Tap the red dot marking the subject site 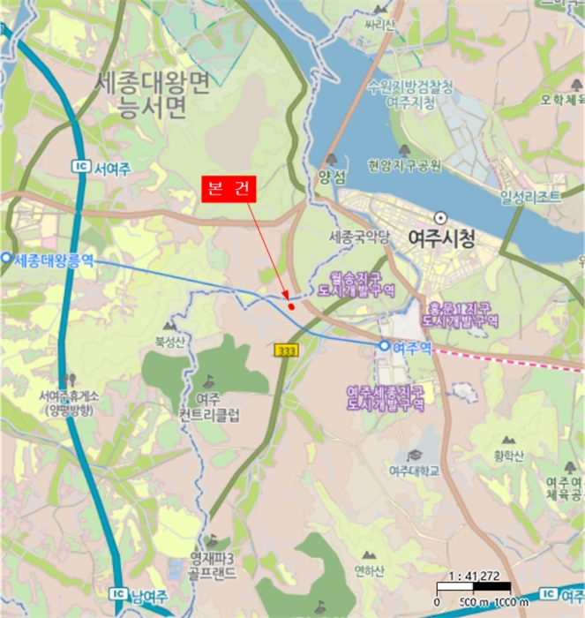[x=291, y=305]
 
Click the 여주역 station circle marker [x=384, y=346]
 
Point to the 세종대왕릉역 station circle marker [x=6, y=258]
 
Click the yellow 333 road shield [x=287, y=350]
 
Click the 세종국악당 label [x=359, y=237]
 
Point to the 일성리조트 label [x=529, y=197]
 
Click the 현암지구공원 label [x=405, y=164]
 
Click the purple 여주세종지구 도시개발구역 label [x=386, y=397]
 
